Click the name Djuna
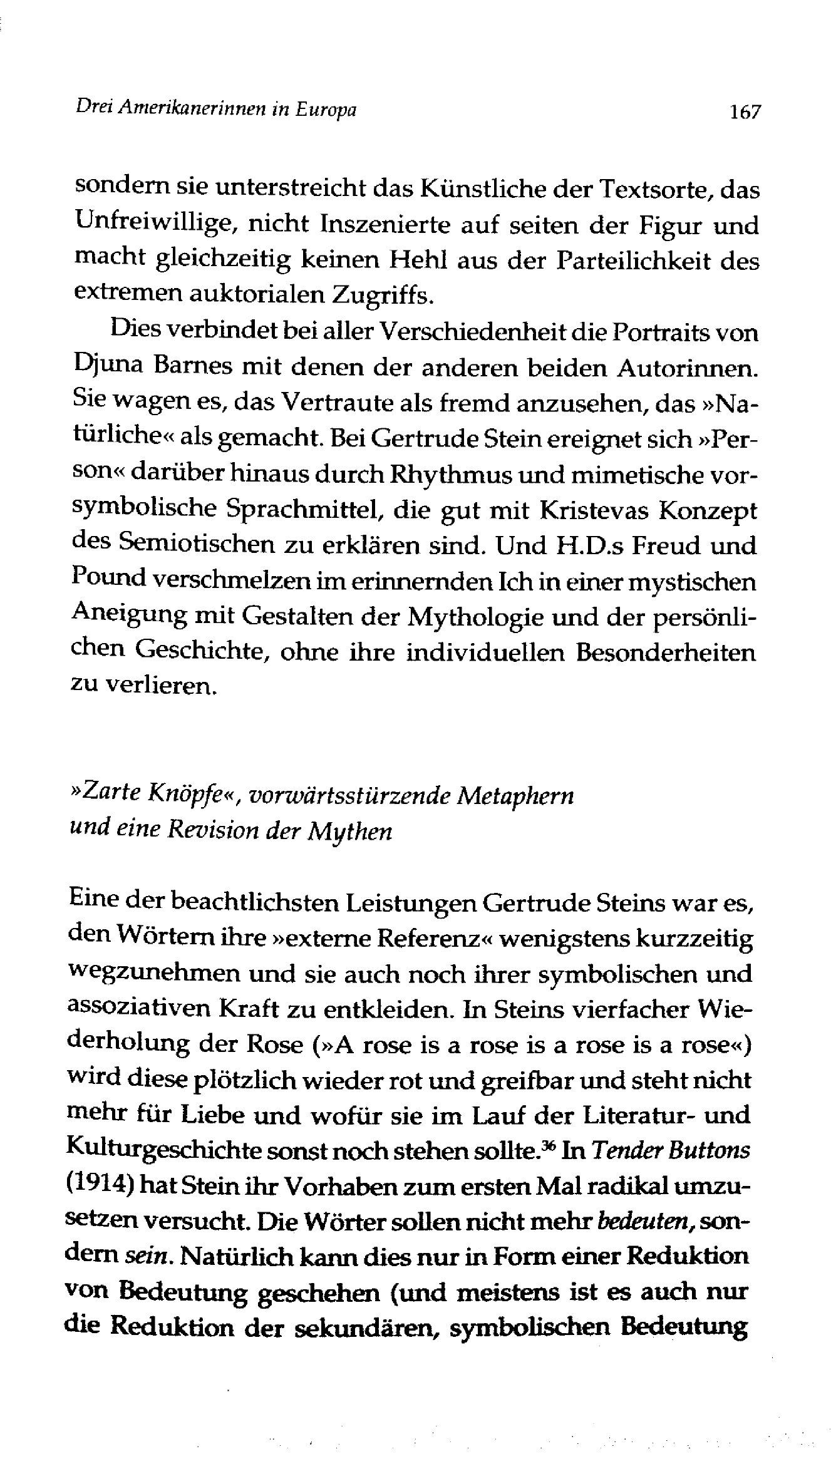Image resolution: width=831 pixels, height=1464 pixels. (106, 369)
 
